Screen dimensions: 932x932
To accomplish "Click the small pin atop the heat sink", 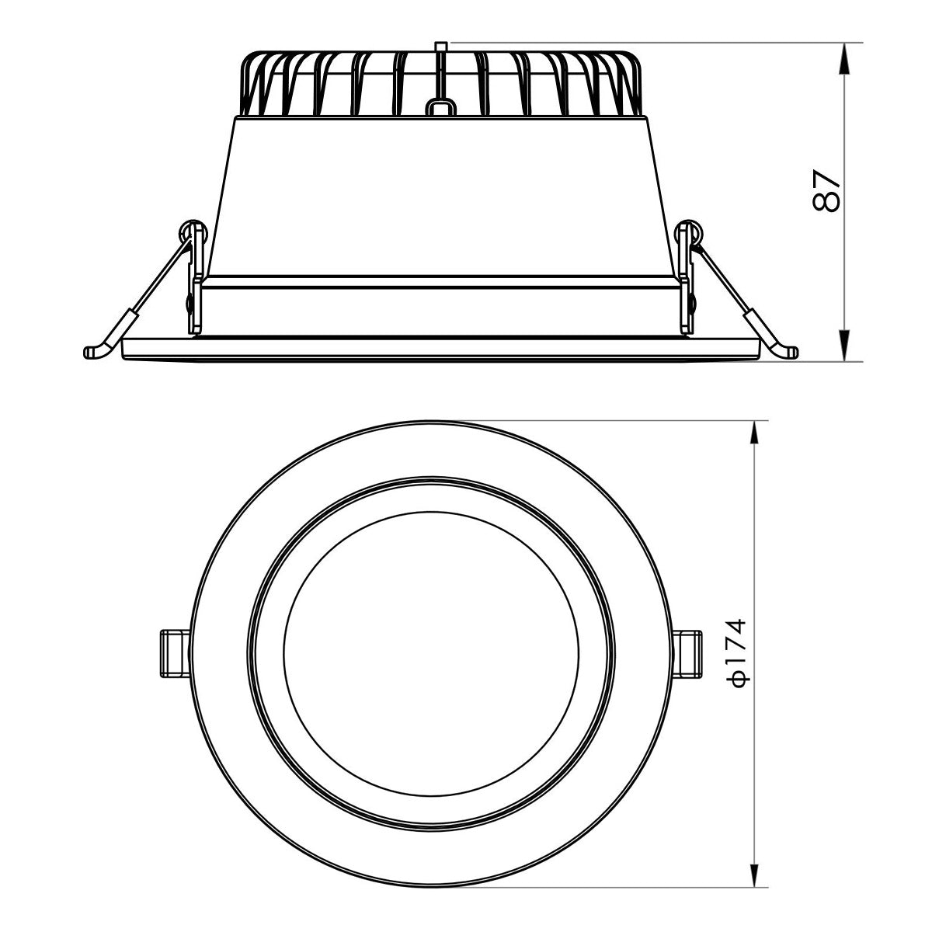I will coord(440,49).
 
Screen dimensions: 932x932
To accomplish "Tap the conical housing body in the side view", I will coord(440,194).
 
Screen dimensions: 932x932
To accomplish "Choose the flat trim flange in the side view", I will coord(440,349).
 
